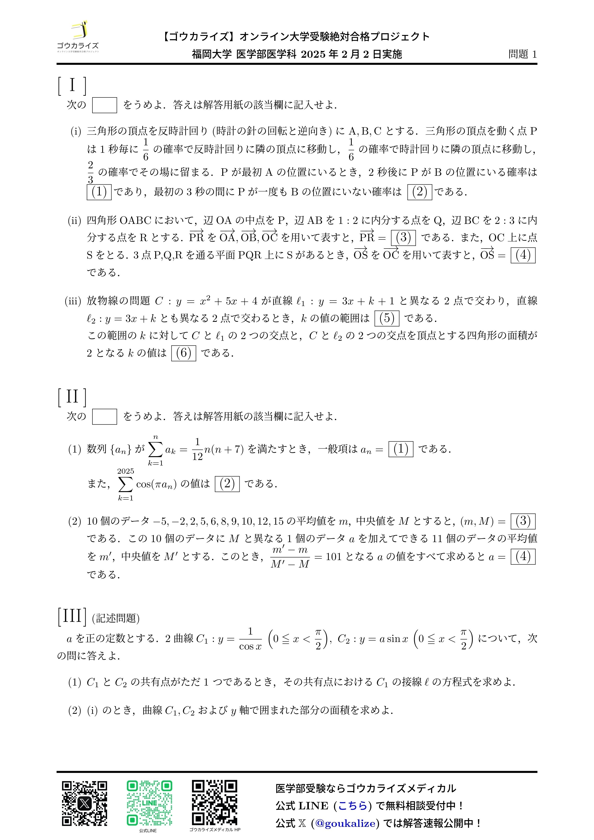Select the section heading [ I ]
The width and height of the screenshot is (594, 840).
tap(72, 86)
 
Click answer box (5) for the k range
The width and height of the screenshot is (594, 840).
tap(387, 318)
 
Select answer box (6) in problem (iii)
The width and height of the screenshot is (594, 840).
tap(184, 353)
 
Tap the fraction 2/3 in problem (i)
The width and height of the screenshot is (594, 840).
tap(90, 172)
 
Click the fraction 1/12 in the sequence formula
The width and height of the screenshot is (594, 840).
tap(197, 449)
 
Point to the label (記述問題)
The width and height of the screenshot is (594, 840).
tap(116, 618)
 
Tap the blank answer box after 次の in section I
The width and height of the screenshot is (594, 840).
tap(104, 105)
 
